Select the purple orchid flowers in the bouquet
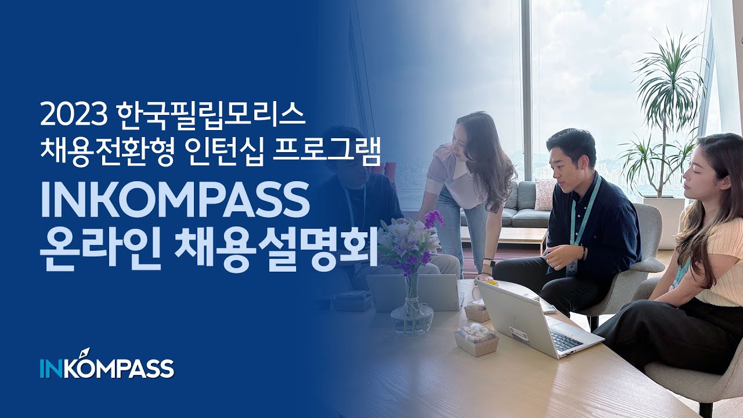click(433, 219)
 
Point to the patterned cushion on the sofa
click(545, 194)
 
